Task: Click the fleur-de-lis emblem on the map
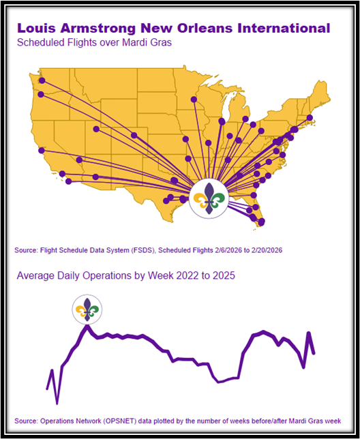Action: (x=209, y=198)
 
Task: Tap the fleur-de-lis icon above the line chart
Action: (x=87, y=309)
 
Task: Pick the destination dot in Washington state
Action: (x=42, y=80)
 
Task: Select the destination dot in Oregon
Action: (x=41, y=94)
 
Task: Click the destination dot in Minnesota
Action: (x=194, y=100)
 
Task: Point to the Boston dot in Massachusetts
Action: (x=310, y=117)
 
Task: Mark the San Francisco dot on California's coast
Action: (x=42, y=151)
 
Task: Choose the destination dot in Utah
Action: (x=96, y=129)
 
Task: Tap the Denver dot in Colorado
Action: (x=134, y=136)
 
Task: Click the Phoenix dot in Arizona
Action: (x=95, y=177)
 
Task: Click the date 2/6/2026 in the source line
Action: (x=228, y=250)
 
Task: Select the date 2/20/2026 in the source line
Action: (x=267, y=250)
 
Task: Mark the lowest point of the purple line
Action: (x=57, y=404)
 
